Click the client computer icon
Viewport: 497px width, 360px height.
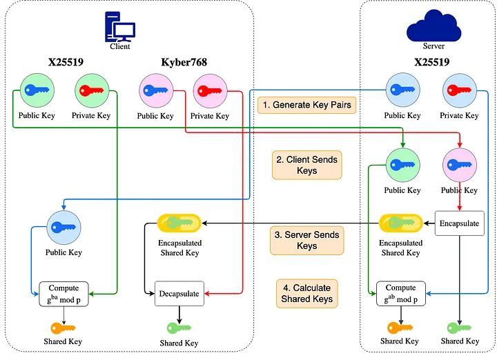pos(119,27)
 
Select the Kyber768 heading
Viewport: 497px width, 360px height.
pos(185,63)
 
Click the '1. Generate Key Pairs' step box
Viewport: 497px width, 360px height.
pos(306,106)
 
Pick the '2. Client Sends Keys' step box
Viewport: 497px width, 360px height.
pos(307,166)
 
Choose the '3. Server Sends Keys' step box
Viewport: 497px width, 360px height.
pos(307,240)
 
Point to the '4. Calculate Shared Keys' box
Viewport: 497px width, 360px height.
pos(307,293)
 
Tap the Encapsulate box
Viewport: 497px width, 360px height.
pos(460,223)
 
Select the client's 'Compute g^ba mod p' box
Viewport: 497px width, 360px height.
pos(64,294)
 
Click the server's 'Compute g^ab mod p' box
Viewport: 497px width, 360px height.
pos(400,294)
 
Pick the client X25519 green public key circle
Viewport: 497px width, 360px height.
pos(37,90)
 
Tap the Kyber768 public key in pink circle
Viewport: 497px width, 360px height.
pos(155,90)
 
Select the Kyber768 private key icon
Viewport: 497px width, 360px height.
pos(210,90)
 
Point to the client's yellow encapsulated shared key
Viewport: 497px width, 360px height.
pos(179,223)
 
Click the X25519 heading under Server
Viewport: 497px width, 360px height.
pos(432,63)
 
